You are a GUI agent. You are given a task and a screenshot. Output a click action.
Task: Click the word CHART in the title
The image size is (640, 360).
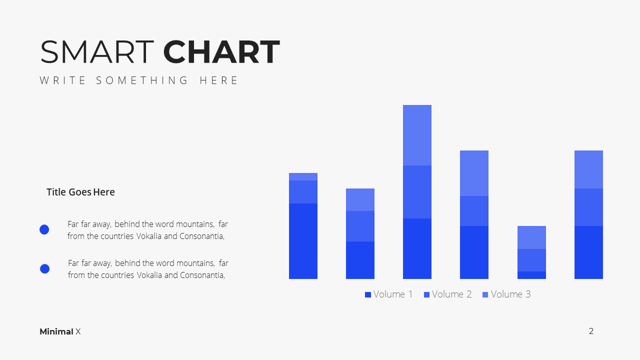pos(221,51)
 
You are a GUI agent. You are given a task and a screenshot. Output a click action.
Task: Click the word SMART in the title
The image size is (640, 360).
pos(97,51)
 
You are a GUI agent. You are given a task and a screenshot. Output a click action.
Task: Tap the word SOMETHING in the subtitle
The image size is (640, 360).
pos(142,80)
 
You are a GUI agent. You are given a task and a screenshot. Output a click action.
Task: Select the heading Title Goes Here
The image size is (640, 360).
pos(80,192)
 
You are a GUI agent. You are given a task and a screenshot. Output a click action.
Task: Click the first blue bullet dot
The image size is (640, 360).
pos(44,229)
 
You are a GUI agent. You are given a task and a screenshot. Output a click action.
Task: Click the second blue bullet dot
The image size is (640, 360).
pos(44,268)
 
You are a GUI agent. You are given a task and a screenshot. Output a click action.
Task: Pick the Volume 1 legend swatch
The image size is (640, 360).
pos(368,294)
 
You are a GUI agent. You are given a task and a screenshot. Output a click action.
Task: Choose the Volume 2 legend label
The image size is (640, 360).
pos(451,294)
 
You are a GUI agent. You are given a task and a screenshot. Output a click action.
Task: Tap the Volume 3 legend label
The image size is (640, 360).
pos(511,294)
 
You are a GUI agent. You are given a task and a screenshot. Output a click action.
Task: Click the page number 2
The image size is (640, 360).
pos(591,331)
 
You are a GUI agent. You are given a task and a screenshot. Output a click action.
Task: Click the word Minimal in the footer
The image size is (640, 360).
pos(56,331)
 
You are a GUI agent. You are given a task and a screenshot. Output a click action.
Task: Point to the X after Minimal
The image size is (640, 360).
pos(78,331)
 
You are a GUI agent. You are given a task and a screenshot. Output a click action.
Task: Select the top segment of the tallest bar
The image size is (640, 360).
pos(417,135)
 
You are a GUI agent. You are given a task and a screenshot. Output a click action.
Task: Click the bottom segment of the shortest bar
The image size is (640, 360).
pos(531,275)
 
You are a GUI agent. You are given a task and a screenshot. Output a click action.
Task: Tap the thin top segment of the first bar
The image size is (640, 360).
pos(303,176)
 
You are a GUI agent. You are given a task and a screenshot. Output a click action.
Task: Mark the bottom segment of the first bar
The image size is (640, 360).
pos(303,241)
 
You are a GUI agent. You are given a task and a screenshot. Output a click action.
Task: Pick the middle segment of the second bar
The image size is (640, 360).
pos(360,226)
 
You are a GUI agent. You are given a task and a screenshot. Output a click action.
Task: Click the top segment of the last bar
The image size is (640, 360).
pos(589,169)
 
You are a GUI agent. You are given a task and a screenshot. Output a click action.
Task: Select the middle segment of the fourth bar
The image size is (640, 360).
pos(474,211)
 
